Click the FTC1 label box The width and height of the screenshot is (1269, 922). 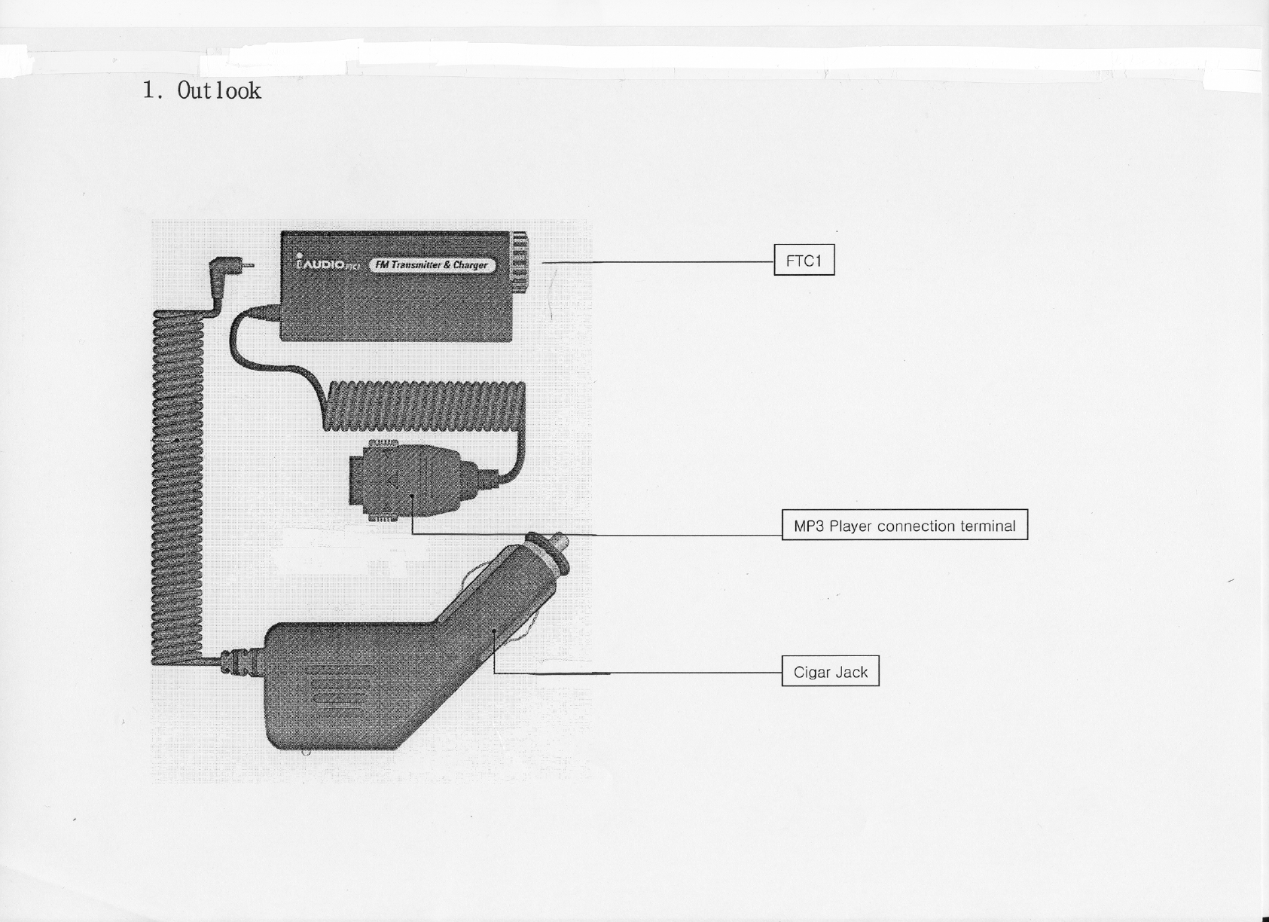pyautogui.click(x=804, y=261)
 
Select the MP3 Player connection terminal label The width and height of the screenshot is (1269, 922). pyautogui.click(x=904, y=525)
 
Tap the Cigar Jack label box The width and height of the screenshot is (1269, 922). pyautogui.click(x=830, y=671)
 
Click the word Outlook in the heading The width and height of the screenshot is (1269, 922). pyautogui.click(x=219, y=91)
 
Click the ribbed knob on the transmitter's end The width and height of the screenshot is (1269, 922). pyautogui.click(x=519, y=261)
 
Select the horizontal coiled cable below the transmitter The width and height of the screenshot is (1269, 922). pyautogui.click(x=426, y=405)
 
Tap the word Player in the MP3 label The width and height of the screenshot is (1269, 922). pyautogui.click(x=850, y=526)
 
